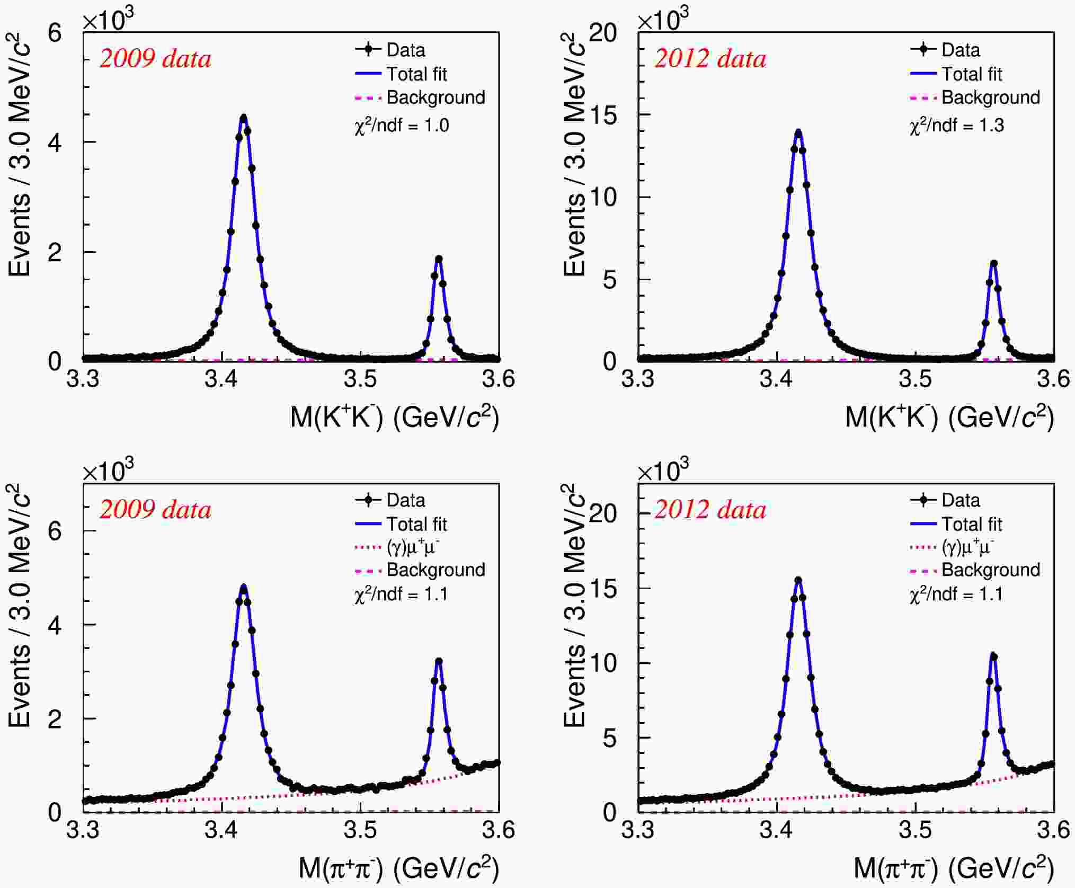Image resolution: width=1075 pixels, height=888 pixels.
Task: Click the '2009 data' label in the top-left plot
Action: (155, 59)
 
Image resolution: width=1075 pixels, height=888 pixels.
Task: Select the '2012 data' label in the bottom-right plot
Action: (710, 510)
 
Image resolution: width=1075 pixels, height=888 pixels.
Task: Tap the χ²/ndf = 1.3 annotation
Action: (956, 126)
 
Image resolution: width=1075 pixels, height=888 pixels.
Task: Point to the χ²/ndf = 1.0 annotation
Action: (402, 126)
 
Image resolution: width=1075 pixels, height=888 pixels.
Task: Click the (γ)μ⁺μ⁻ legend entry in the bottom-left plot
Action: (413, 547)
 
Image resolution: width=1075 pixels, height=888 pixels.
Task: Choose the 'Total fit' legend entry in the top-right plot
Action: (971, 74)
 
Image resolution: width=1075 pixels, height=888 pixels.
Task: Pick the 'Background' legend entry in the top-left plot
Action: (436, 97)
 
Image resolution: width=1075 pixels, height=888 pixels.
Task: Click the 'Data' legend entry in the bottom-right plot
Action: (960, 500)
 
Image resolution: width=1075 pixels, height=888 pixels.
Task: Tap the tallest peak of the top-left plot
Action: (244, 118)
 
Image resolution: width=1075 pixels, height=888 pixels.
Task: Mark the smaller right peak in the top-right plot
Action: (994, 263)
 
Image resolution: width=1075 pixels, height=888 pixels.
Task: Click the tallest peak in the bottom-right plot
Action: (798, 580)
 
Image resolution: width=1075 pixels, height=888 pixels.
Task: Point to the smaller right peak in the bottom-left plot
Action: (439, 662)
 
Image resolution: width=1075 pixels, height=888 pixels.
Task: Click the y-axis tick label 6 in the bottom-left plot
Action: (55, 531)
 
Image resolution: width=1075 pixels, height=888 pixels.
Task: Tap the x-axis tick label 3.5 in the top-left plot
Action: (360, 379)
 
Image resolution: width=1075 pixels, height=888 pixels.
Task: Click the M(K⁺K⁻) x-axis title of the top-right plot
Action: (949, 416)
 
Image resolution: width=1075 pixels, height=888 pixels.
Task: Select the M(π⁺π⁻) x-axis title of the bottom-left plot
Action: (398, 868)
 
